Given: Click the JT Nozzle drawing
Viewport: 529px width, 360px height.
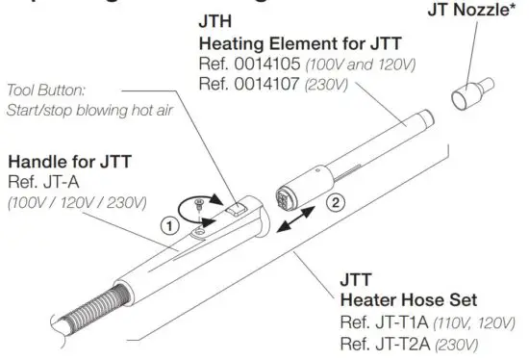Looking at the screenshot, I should coord(468,95).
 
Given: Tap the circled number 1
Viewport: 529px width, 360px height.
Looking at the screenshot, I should coord(166,228).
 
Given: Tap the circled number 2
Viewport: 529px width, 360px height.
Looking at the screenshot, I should coord(335,204).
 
